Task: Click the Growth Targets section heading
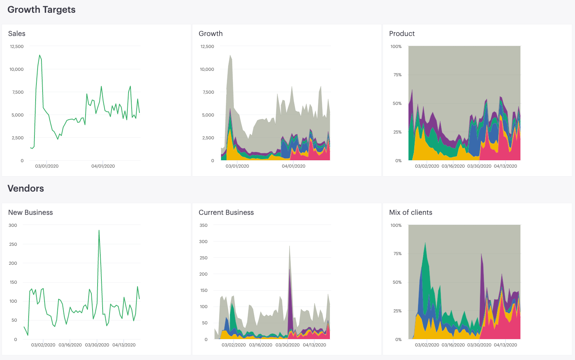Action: (x=41, y=10)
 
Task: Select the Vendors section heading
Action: (x=26, y=189)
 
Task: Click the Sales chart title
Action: (x=17, y=34)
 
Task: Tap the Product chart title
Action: (x=402, y=34)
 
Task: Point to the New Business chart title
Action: (x=30, y=213)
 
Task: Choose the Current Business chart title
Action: (x=226, y=213)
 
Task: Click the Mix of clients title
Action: (x=410, y=213)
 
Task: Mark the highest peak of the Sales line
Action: (x=39, y=55)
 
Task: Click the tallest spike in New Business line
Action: (x=99, y=231)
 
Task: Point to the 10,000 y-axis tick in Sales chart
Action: (x=16, y=69)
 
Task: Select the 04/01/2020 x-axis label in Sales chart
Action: (x=103, y=166)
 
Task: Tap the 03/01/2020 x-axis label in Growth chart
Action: (x=237, y=166)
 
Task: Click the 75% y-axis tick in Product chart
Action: (x=397, y=75)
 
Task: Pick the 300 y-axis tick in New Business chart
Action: (x=13, y=225)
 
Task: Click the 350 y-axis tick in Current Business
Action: (x=203, y=225)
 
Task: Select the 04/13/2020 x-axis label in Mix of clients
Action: (x=505, y=345)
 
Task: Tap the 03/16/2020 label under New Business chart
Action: (x=70, y=345)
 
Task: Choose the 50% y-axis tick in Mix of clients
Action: (x=397, y=282)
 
